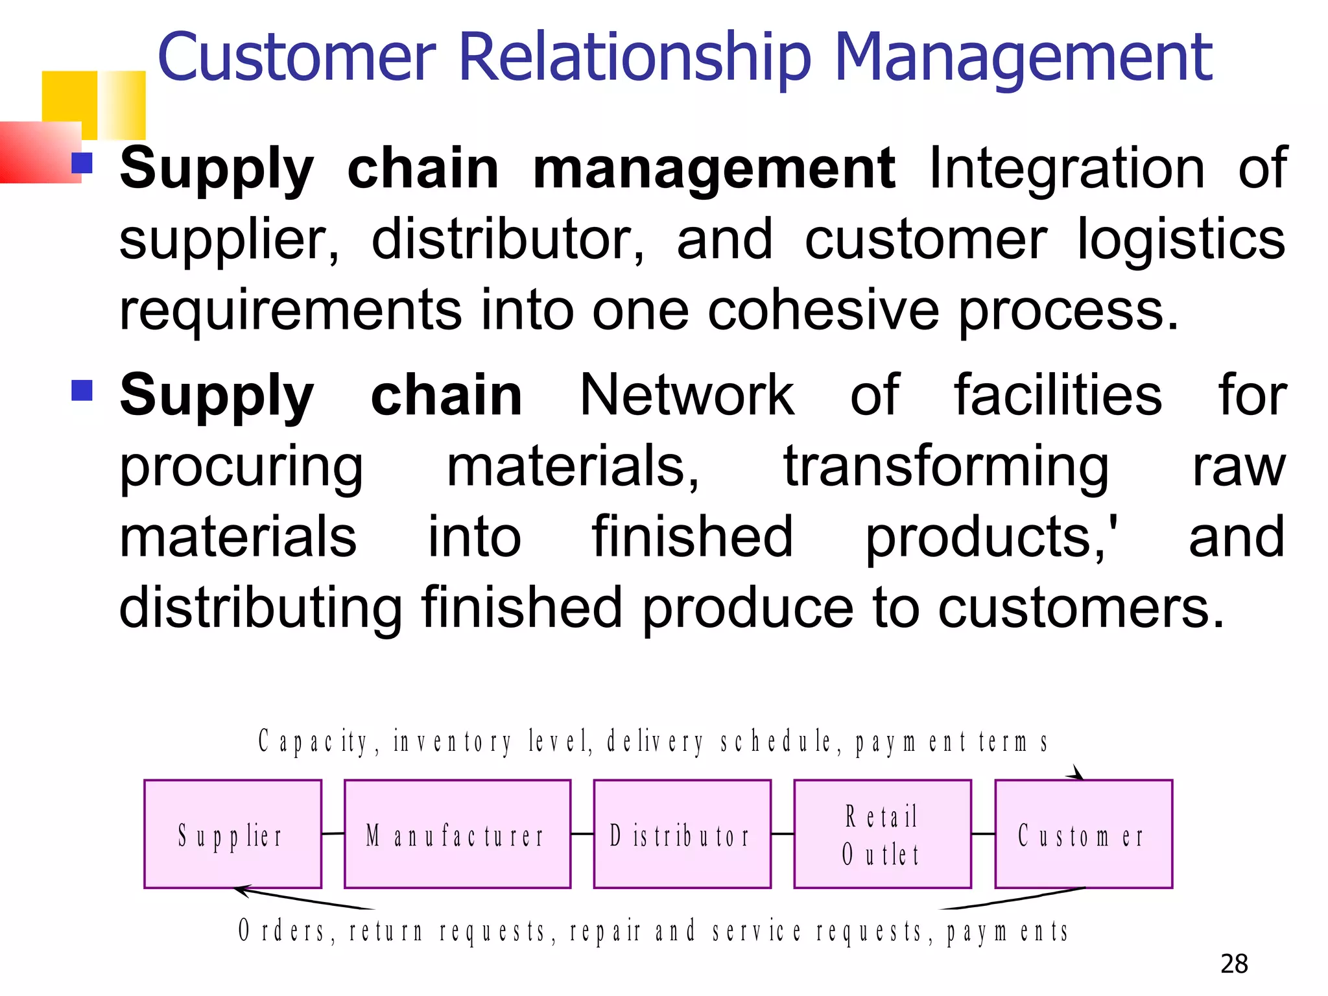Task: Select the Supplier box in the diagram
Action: click(x=232, y=834)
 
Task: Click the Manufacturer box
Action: click(x=457, y=834)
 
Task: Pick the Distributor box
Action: click(x=682, y=834)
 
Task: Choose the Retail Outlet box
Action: click(x=882, y=834)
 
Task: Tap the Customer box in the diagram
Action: click(x=1083, y=834)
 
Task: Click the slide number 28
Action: click(x=1234, y=964)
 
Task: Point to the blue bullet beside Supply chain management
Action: click(x=82, y=163)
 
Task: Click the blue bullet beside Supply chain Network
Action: click(x=82, y=390)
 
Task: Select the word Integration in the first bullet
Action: click(x=1067, y=169)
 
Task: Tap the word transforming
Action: click(x=946, y=467)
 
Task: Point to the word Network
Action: click(x=686, y=396)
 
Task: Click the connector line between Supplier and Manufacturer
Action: click(x=333, y=833)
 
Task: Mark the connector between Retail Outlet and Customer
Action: click(x=983, y=834)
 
